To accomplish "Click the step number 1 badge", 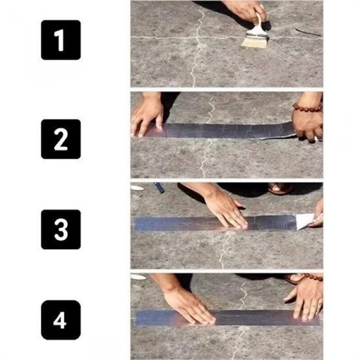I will pyautogui.click(x=61, y=40).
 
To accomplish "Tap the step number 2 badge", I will pyautogui.click(x=61, y=139).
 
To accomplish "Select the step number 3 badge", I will pyautogui.click(x=61, y=229).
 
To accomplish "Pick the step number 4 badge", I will pyautogui.click(x=61, y=320).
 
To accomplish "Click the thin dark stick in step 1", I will pyautogui.click(x=308, y=32).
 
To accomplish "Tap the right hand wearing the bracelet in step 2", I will pyautogui.click(x=308, y=123).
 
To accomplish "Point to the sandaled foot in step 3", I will pyautogui.click(x=281, y=188).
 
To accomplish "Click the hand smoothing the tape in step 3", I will pyautogui.click(x=226, y=208).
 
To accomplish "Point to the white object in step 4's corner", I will pyautogui.click(x=138, y=277).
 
